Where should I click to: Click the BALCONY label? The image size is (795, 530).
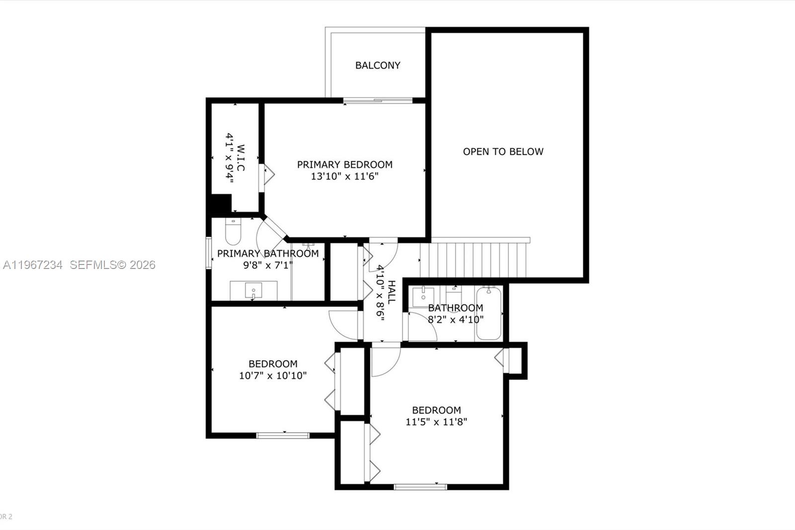(378, 65)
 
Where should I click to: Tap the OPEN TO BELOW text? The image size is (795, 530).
(503, 152)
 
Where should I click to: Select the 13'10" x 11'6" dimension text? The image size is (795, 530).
(345, 177)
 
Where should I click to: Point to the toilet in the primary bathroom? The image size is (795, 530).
(233, 231)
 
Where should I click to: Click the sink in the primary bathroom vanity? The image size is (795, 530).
(253, 290)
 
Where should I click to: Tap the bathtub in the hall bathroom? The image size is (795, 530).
(488, 313)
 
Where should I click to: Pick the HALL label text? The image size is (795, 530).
(391, 292)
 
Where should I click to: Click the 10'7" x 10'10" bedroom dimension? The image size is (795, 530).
(273, 376)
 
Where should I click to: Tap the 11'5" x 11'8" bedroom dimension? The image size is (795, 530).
(436, 422)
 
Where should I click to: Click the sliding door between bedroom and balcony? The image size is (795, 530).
(378, 101)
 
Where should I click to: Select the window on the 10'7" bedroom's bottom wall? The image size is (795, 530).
(283, 436)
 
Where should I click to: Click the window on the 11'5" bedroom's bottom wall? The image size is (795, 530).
(420, 487)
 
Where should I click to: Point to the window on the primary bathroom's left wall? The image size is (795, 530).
(209, 254)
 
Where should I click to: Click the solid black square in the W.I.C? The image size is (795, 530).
(221, 204)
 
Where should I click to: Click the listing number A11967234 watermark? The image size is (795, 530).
(33, 265)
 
